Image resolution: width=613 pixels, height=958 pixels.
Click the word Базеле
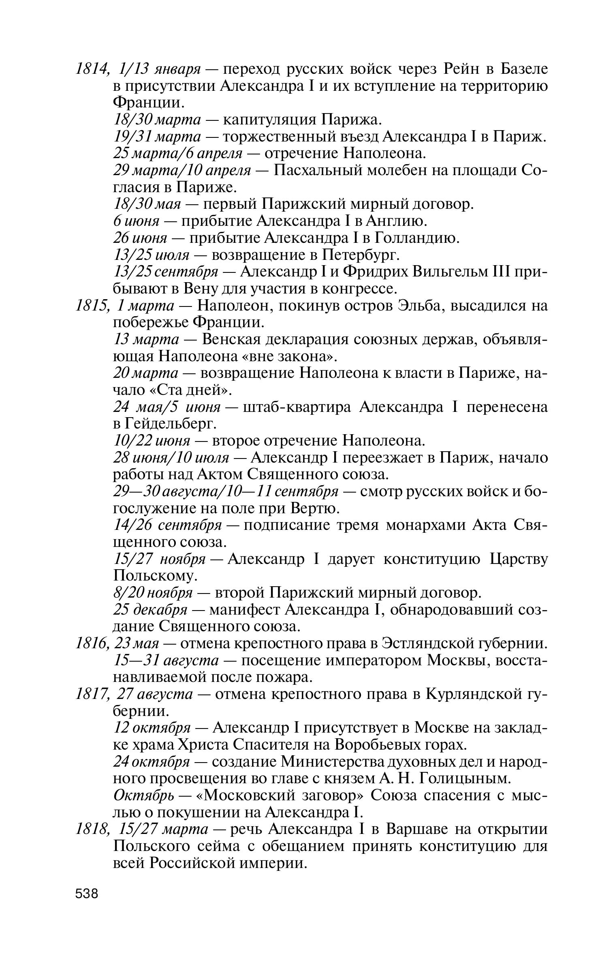pos(524,69)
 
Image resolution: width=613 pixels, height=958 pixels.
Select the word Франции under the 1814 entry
pos(148,103)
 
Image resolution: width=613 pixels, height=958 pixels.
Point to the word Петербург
pos(360,255)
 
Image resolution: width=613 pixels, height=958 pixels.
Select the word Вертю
pos(315,508)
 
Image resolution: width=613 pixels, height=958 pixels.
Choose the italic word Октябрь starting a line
pos(144,795)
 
